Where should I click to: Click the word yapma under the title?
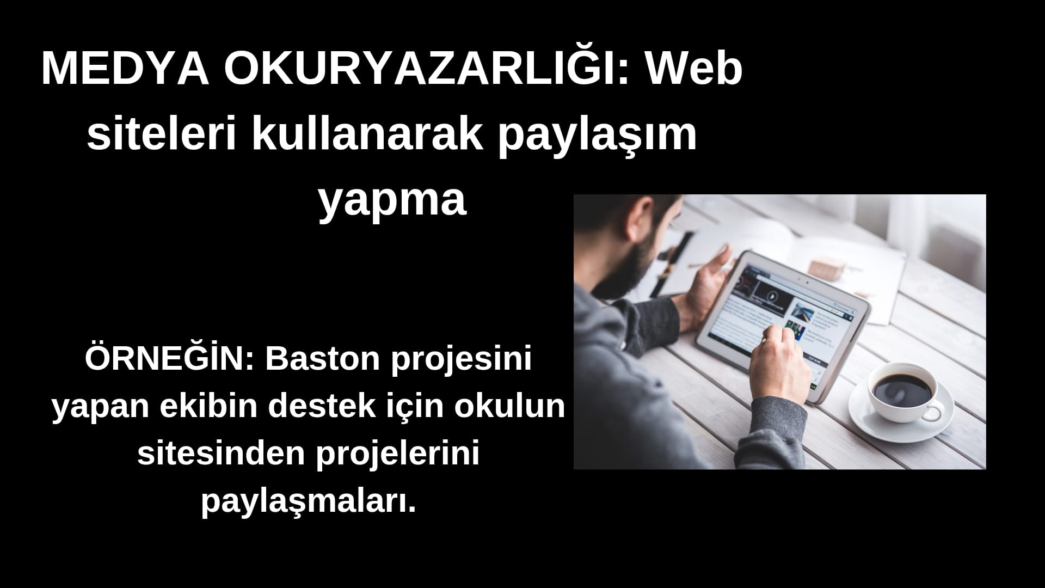[392, 201]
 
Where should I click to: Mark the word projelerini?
[398, 454]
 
